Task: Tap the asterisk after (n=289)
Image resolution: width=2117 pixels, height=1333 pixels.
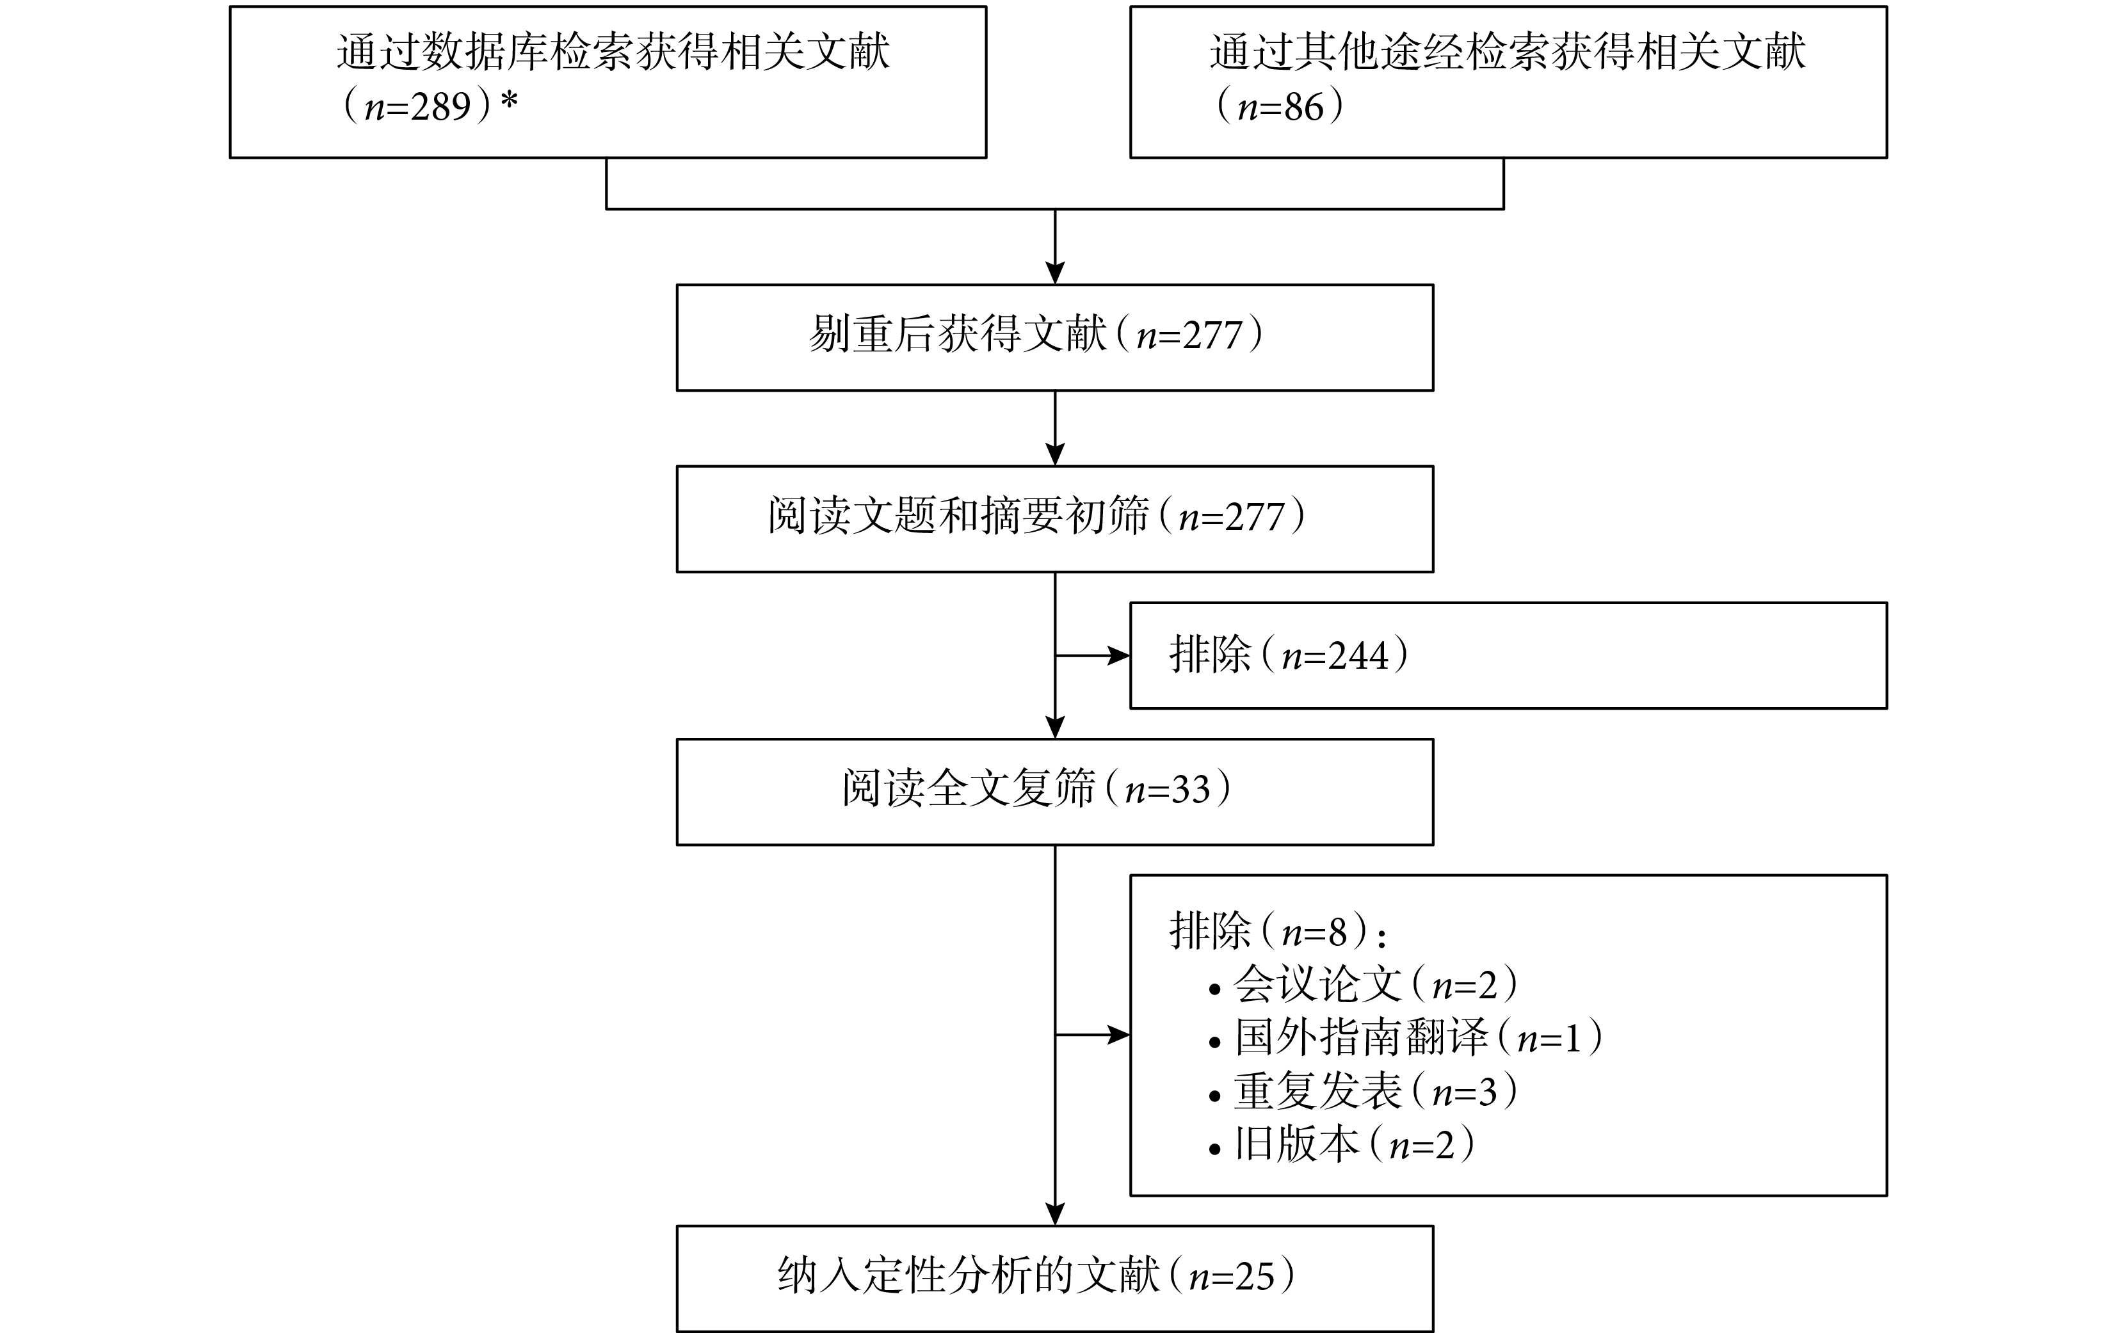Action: (x=509, y=102)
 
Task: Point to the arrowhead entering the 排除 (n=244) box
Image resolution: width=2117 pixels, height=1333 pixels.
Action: (x=1119, y=655)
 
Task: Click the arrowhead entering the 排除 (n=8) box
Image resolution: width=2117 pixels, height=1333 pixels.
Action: (x=1119, y=1035)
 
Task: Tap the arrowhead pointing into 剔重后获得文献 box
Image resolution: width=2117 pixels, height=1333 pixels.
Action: (x=1055, y=273)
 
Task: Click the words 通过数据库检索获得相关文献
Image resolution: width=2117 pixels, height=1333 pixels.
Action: (x=613, y=52)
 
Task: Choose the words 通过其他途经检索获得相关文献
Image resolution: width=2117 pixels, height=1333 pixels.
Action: (x=1508, y=52)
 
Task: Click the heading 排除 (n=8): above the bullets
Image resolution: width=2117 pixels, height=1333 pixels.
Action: (x=1278, y=930)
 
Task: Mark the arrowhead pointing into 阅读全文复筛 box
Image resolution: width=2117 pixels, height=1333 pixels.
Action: (x=1055, y=728)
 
